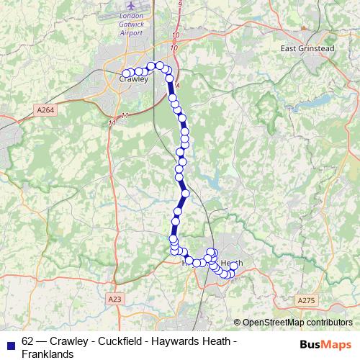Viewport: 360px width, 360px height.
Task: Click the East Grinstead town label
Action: tap(308, 48)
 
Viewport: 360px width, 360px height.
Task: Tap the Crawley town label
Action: tap(132, 80)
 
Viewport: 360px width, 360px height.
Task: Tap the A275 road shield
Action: tap(306, 298)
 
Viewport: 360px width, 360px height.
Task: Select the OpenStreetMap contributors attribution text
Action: tap(297, 323)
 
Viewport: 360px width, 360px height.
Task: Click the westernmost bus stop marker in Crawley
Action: tap(126, 73)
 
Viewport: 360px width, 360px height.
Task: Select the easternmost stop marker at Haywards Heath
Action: tap(234, 266)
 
